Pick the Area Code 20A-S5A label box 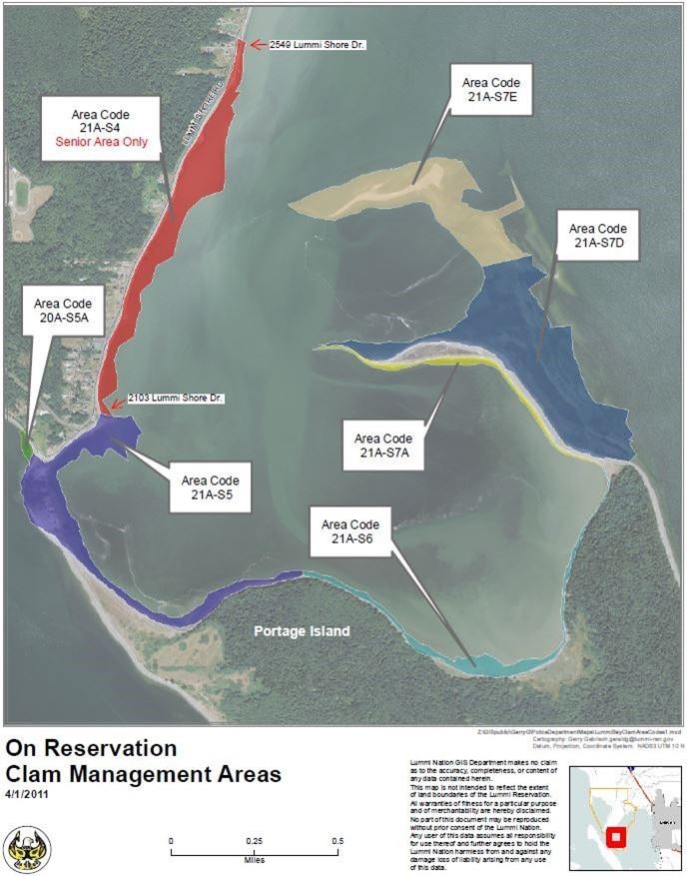click(x=63, y=311)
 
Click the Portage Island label click(x=302, y=632)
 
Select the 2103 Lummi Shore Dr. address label click(x=176, y=399)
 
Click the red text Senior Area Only click(x=108, y=143)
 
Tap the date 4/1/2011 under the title click(x=27, y=794)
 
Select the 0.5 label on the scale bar click(x=336, y=841)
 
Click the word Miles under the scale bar click(x=254, y=860)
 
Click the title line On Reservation click(x=92, y=748)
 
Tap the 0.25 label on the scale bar click(x=253, y=841)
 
